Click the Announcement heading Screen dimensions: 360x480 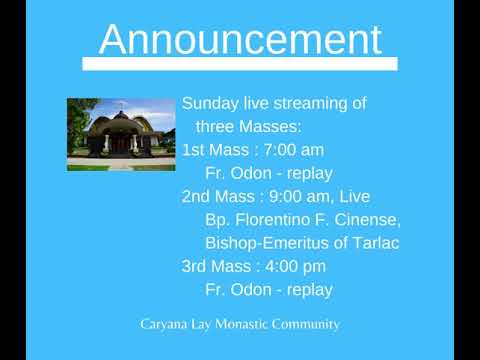pyautogui.click(x=240, y=40)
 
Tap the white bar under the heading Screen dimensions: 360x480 pyautogui.click(x=240, y=64)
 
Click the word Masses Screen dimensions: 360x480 pyautogui.click(x=277, y=127)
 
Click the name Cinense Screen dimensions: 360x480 pyautogui.click(x=365, y=220)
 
